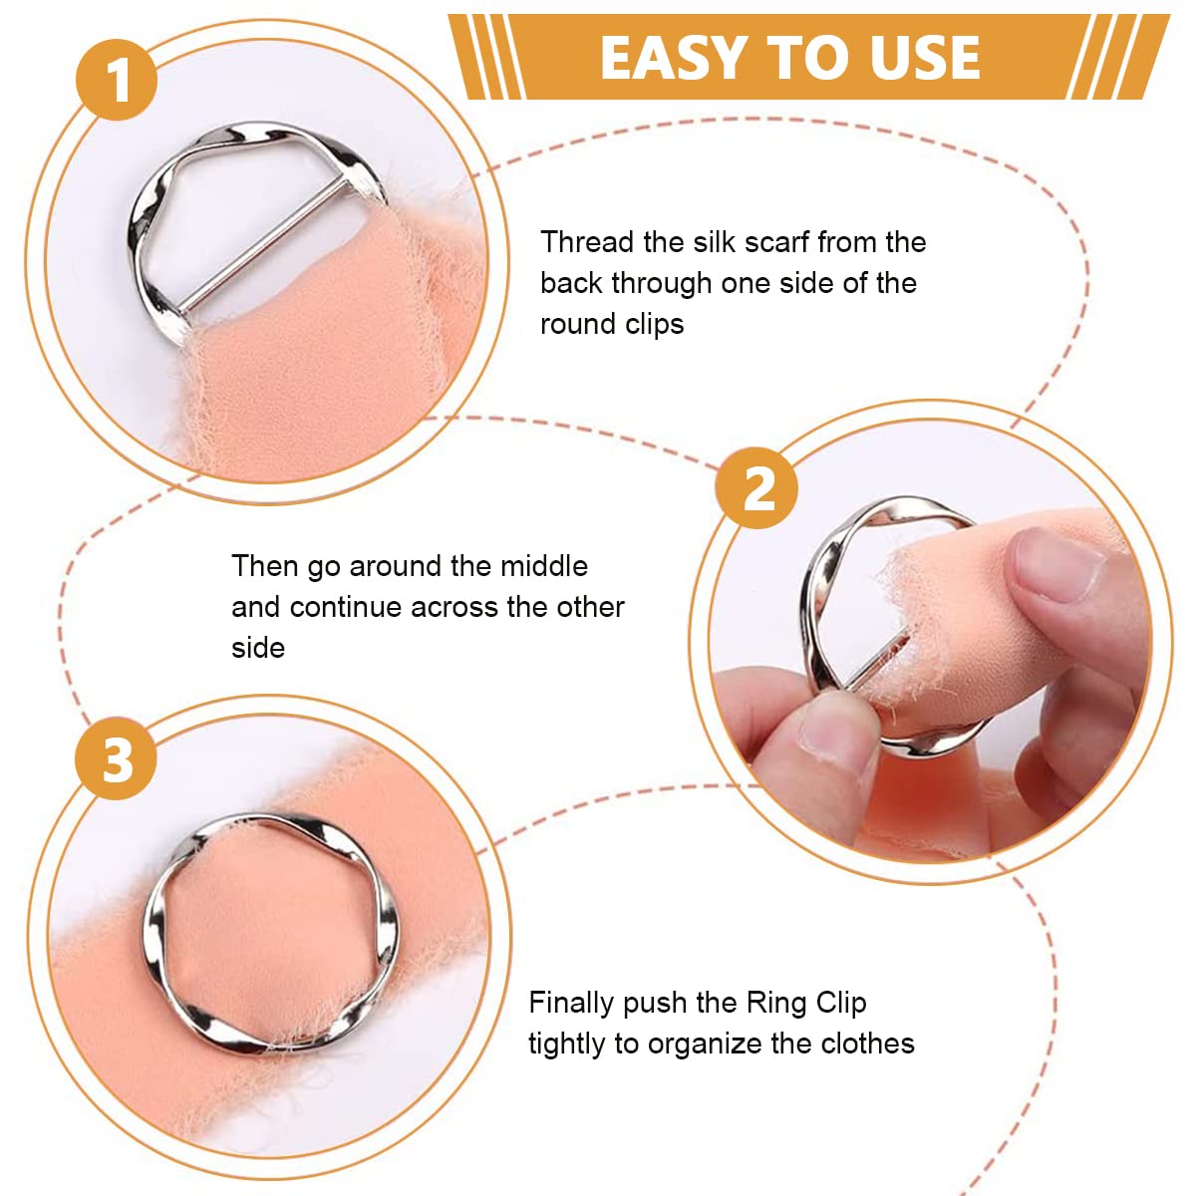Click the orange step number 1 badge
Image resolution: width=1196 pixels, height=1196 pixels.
pos(117,80)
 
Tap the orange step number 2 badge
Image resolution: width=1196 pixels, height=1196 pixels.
pos(756,487)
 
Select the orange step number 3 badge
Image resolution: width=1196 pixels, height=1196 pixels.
pos(116,759)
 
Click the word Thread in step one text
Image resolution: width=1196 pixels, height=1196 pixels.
pos(586,242)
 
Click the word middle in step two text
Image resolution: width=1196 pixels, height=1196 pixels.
pos(544,566)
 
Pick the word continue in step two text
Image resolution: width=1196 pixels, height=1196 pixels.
pos(350,608)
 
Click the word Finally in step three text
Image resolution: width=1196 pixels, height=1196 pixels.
pos(571,1004)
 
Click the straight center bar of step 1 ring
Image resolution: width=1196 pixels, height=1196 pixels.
pos(261,244)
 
